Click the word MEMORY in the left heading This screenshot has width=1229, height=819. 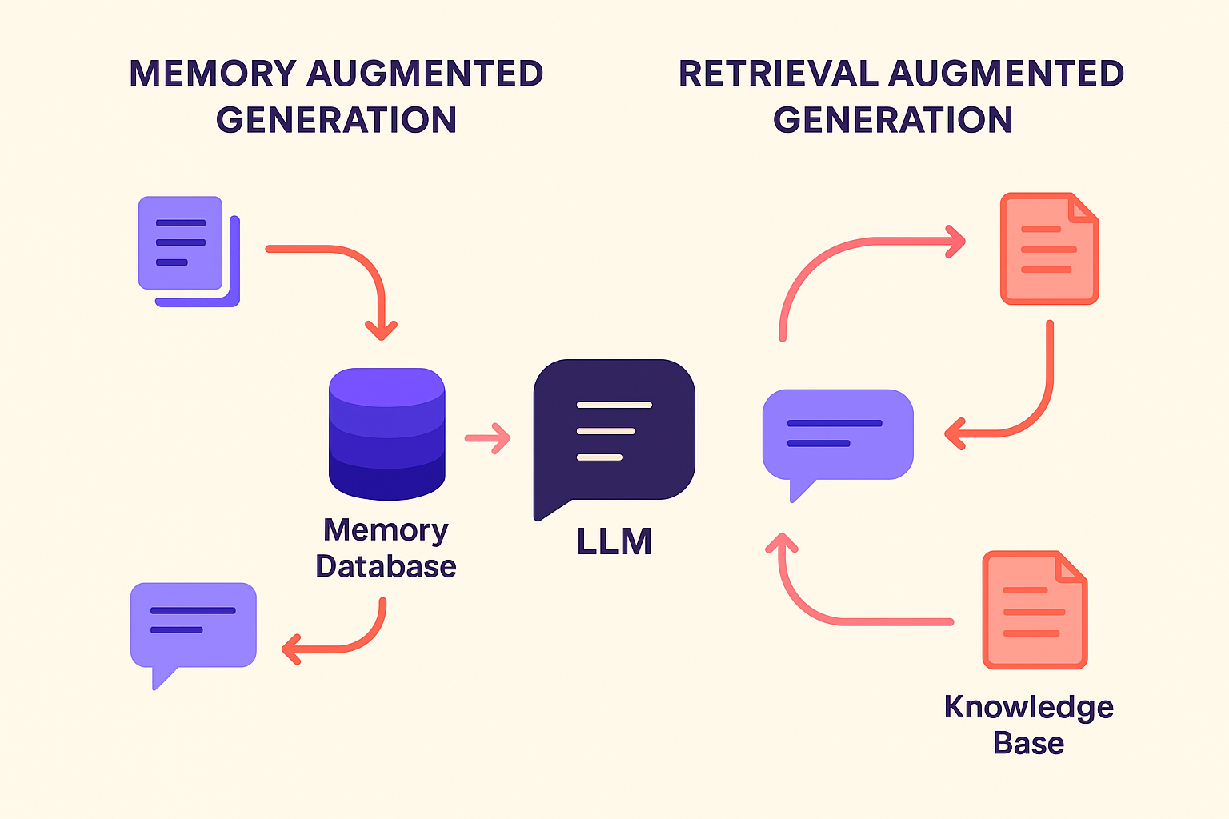pos(213,74)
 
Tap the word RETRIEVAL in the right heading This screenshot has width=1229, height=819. pos(778,74)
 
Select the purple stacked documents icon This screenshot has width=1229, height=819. pos(187,249)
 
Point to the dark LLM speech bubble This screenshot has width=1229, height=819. pos(614,431)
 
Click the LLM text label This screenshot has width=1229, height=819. pos(614,541)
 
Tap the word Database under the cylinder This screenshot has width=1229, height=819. pos(386,566)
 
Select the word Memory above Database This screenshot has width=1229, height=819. pos(386,530)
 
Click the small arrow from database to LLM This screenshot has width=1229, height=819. pos(487,438)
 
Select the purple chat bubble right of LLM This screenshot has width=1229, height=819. pos(837,436)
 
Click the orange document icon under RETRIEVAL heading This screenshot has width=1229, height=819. pos(1049,249)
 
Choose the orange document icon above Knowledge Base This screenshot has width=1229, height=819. pos(1034,609)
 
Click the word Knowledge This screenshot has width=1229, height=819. pos(1028,707)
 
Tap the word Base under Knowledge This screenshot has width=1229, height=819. pos(1028,743)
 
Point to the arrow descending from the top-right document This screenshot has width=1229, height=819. pos(1040,400)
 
